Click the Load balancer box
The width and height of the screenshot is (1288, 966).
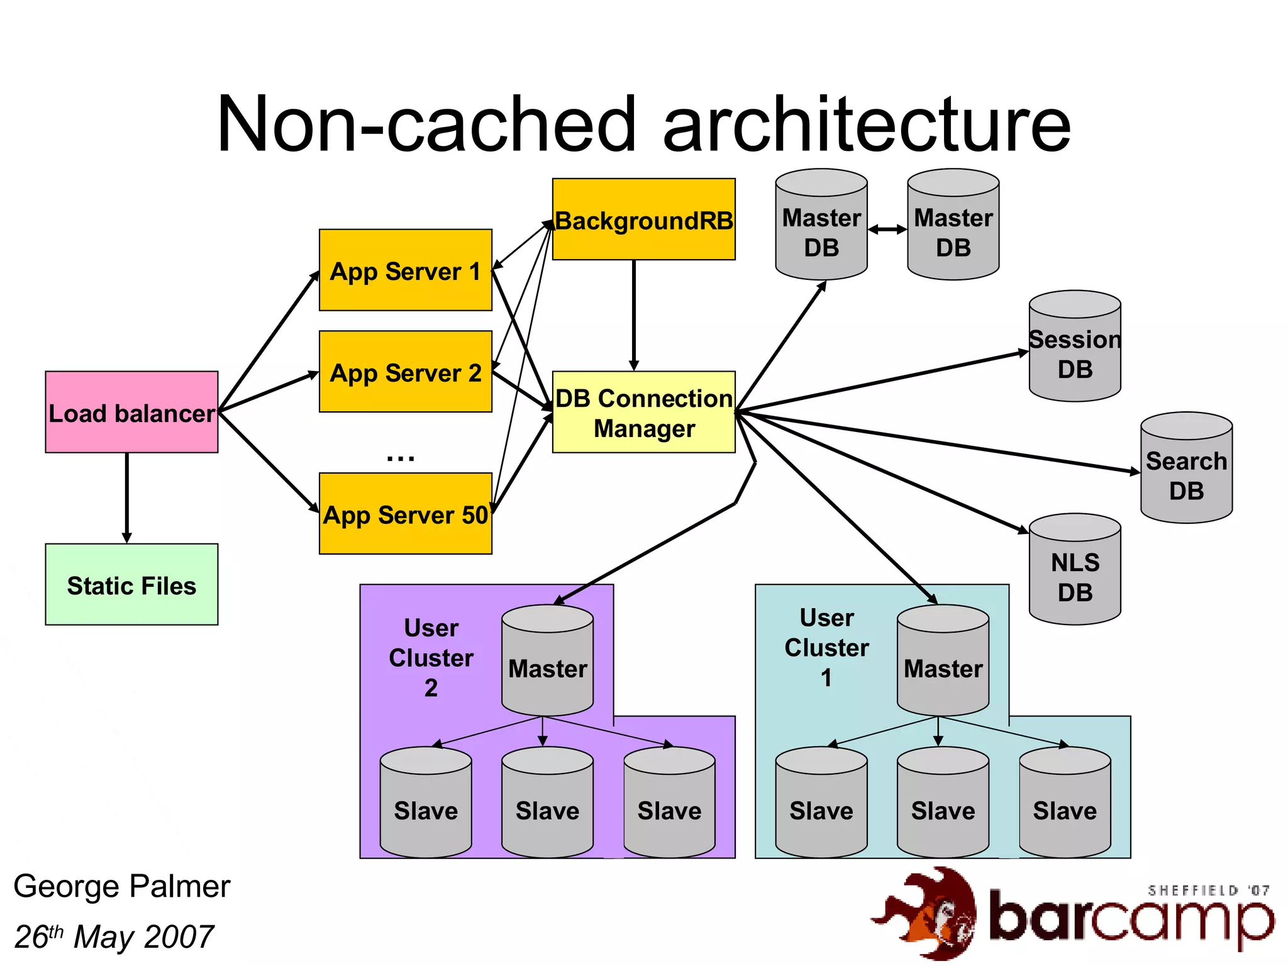tap(131, 412)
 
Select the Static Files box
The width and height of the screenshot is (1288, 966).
tap(131, 584)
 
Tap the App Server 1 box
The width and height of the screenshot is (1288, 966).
tap(405, 270)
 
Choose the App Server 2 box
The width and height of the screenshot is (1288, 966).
tap(405, 372)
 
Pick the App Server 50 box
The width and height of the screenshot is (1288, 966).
tap(405, 514)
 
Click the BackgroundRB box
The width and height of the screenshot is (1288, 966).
tap(643, 219)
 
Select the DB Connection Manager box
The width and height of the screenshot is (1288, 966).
tap(643, 412)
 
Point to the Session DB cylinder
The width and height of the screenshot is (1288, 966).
tap(1075, 347)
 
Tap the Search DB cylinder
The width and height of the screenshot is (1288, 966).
tap(1186, 469)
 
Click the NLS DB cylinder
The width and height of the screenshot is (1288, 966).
tap(1075, 570)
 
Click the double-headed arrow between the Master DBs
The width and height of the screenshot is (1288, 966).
tap(887, 230)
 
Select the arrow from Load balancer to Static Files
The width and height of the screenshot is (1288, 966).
tap(127, 497)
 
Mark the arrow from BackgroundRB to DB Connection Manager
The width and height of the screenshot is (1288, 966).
tap(634, 314)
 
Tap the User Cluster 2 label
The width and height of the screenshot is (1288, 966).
tap(431, 657)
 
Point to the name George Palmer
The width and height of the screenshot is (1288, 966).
tap(121, 886)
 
